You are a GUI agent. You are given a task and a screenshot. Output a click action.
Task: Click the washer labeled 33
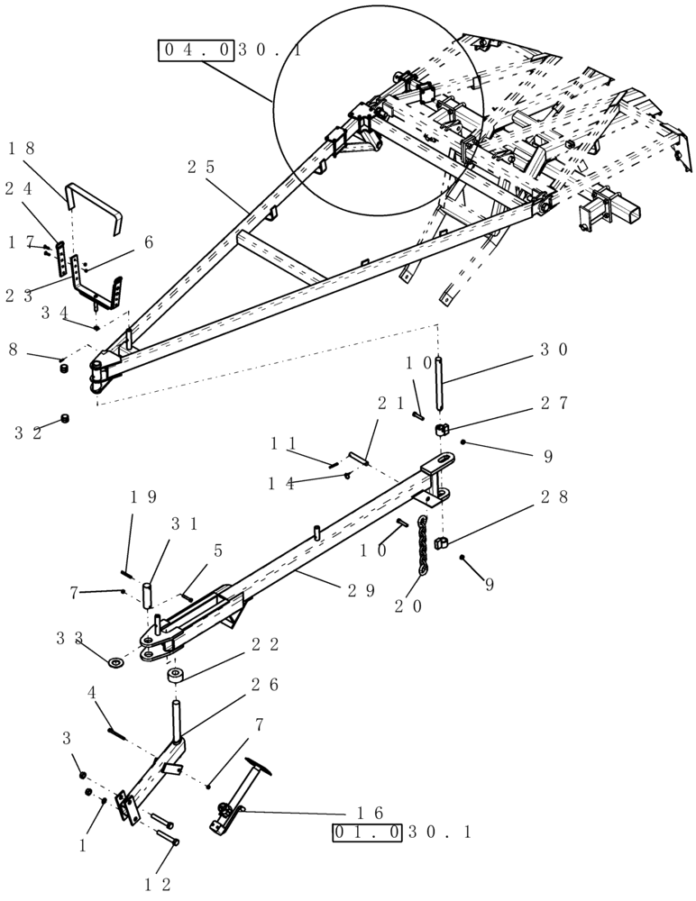coord(117,663)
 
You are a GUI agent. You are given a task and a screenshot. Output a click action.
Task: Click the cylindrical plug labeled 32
coord(65,420)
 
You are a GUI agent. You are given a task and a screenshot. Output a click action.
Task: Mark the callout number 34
coord(54,313)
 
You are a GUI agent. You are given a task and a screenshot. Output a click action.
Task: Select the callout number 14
coord(280,483)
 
